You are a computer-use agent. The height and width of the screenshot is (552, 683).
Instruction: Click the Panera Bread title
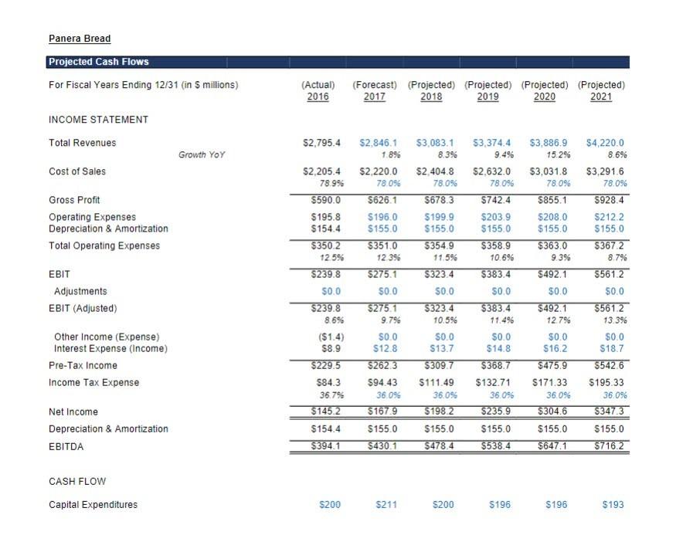[x=80, y=39]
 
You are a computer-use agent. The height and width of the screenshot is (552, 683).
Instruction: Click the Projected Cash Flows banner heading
[x=99, y=62]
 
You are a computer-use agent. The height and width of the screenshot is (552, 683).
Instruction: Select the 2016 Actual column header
[x=318, y=97]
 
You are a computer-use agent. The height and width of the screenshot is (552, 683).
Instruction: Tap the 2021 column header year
[x=601, y=97]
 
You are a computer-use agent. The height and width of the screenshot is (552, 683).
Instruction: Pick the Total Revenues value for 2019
[x=491, y=143]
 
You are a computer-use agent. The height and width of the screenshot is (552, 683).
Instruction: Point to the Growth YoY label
[x=202, y=154]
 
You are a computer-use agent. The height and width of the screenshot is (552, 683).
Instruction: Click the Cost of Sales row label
[x=77, y=171]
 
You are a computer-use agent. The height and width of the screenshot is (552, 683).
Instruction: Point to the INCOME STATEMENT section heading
[x=98, y=120]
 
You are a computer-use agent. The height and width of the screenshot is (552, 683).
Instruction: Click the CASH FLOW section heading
[x=77, y=482]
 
